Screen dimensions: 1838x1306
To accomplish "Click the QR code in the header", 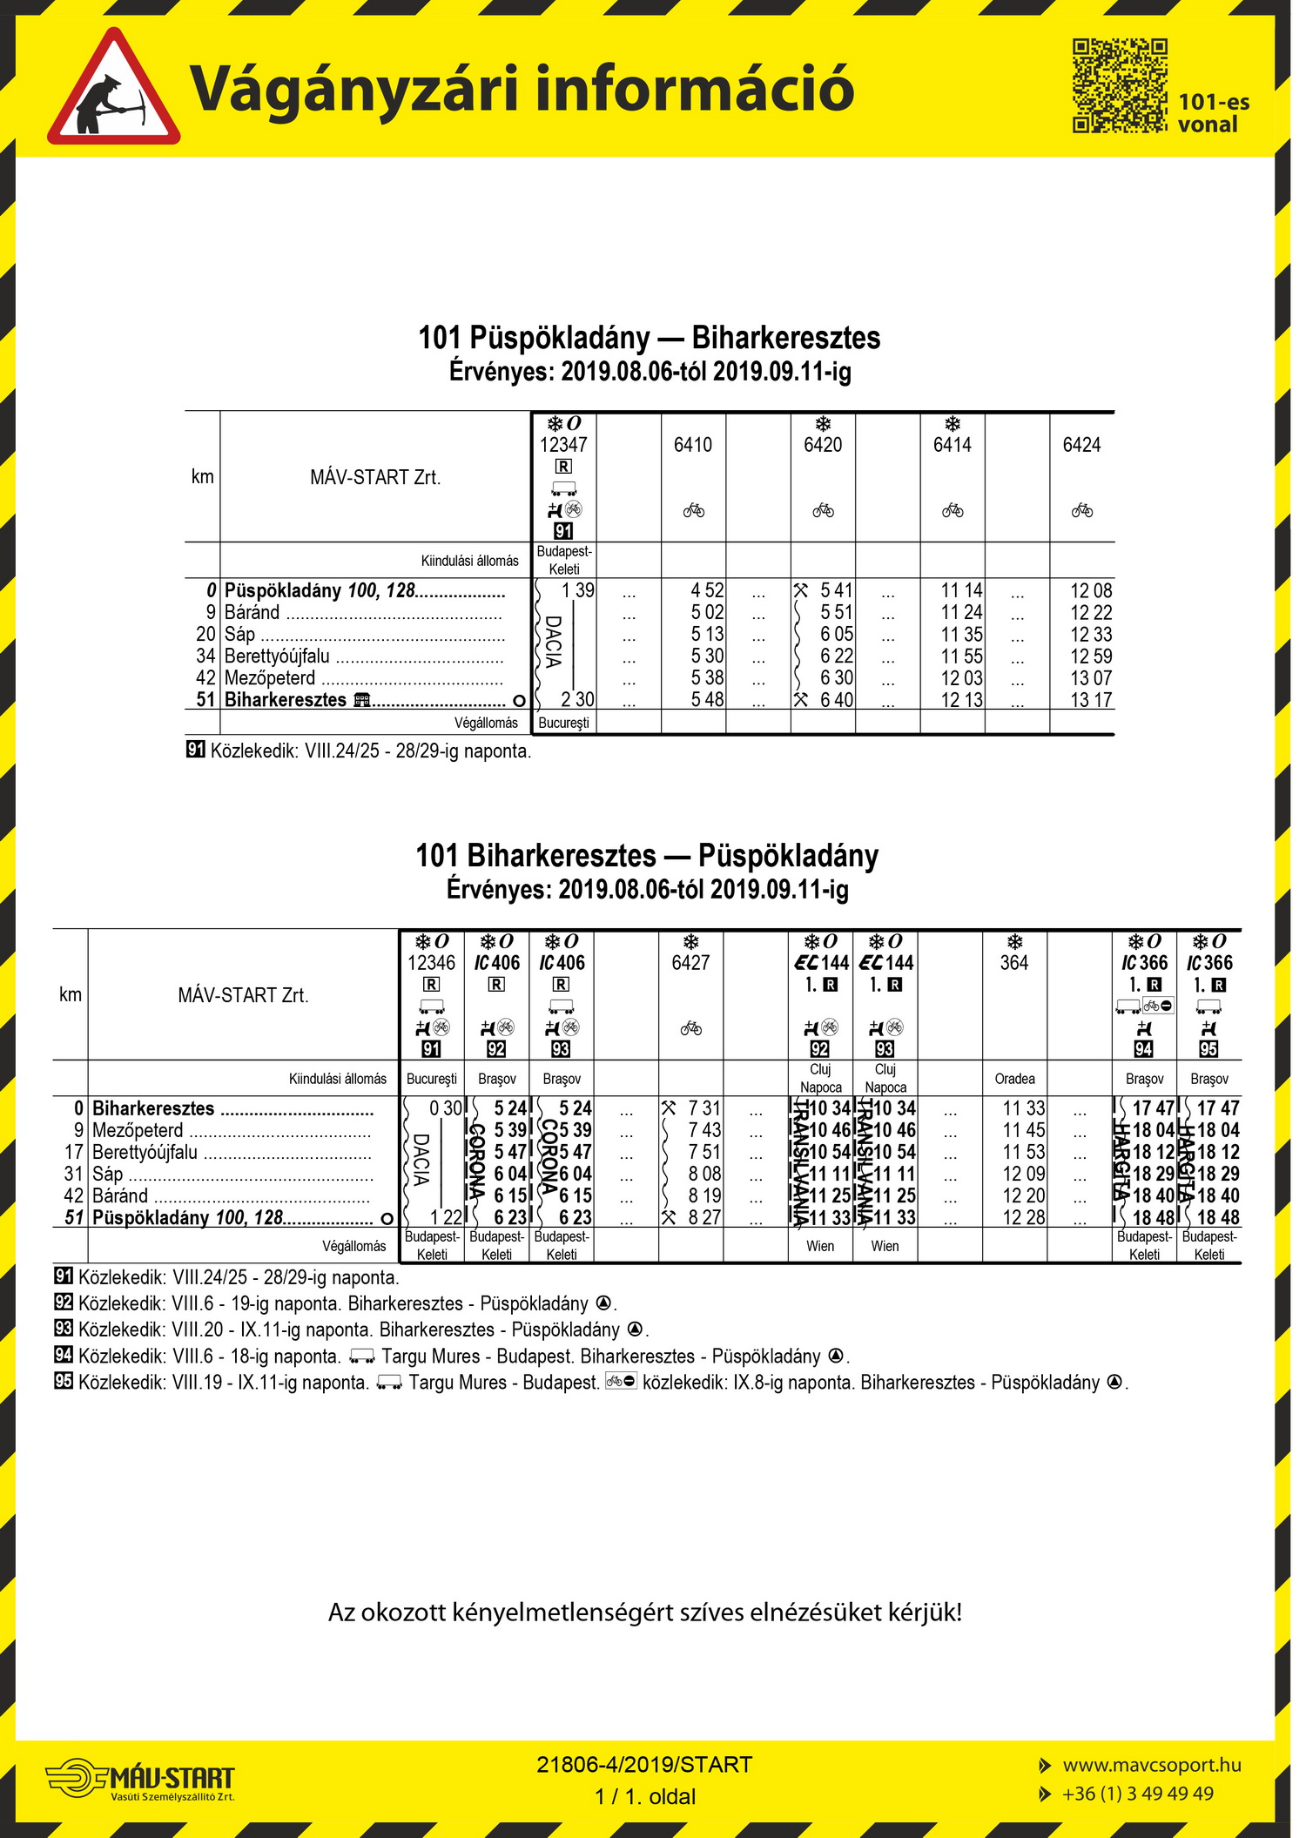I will pyautogui.click(x=1119, y=85).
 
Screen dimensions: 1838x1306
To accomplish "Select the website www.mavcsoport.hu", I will pyautogui.click(x=1151, y=1765).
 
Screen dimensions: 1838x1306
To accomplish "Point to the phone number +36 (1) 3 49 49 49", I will pyautogui.click(x=1137, y=1794).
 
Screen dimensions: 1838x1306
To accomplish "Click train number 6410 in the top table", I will pyautogui.click(x=693, y=445).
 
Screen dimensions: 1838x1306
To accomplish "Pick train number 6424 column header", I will pyautogui.click(x=1081, y=445).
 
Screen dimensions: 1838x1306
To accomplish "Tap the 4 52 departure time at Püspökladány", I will pyautogui.click(x=707, y=590).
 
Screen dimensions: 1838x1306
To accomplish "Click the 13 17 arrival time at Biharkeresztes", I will pyautogui.click(x=1091, y=700).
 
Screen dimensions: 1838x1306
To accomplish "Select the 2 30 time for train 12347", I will pyautogui.click(x=577, y=700).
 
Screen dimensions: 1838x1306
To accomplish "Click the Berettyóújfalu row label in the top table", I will pyautogui.click(x=277, y=656).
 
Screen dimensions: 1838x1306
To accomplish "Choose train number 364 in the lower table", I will pyautogui.click(x=1014, y=963).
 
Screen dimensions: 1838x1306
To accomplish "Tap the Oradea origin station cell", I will pyautogui.click(x=1014, y=1079).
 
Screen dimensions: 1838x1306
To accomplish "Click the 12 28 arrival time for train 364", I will pyautogui.click(x=1023, y=1217).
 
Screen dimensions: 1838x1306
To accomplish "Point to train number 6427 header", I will pyautogui.click(x=690, y=963).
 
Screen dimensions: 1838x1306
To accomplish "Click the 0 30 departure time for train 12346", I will pyautogui.click(x=446, y=1108).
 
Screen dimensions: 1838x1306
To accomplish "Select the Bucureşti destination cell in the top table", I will pyautogui.click(x=564, y=723).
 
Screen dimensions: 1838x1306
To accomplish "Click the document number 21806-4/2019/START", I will pyautogui.click(x=644, y=1765).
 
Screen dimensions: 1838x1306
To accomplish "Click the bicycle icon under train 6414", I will pyautogui.click(x=953, y=510).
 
